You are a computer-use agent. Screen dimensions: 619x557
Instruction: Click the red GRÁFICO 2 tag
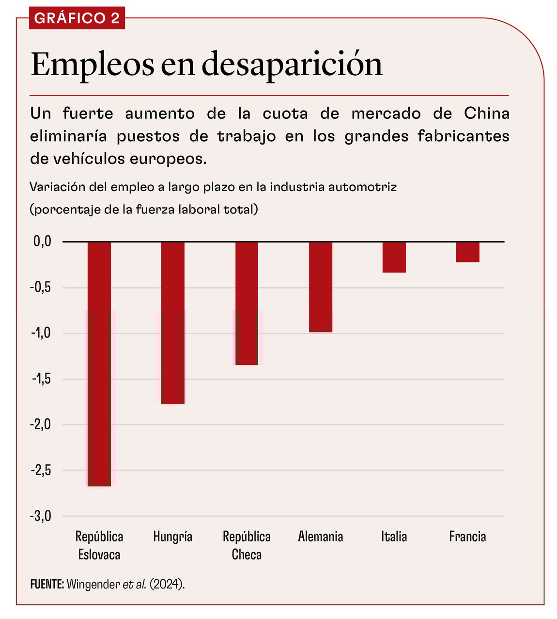[77, 18]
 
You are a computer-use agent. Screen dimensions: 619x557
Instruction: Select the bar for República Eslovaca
[99, 364]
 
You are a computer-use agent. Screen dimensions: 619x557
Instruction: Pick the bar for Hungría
[173, 323]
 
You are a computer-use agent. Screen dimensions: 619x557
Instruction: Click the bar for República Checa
[247, 303]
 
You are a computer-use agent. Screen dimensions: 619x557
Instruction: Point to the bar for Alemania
[321, 287]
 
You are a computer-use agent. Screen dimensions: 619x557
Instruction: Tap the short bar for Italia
[394, 257]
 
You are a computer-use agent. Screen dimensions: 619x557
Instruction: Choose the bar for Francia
[468, 252]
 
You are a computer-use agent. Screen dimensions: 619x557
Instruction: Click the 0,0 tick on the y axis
[42, 241]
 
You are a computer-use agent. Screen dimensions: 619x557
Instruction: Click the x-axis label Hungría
[173, 537]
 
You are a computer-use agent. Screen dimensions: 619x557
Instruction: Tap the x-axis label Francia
[467, 537]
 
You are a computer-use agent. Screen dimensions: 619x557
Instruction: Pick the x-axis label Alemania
[321, 537]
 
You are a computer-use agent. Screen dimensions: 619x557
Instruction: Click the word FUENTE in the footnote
[46, 584]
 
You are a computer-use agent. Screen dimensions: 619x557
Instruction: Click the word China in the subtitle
[486, 114]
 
